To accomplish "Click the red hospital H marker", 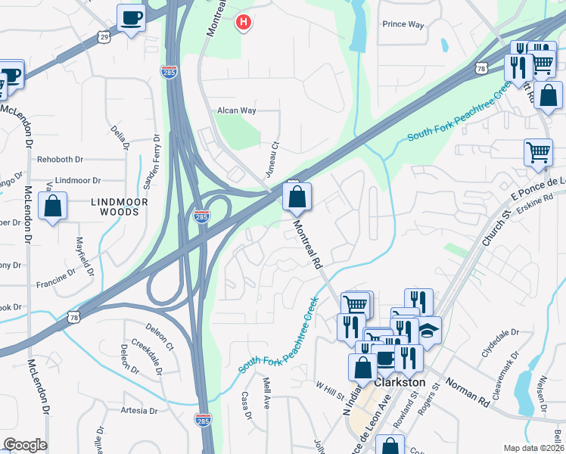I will click(243, 23).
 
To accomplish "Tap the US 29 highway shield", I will click(104, 36).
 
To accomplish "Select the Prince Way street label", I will click(403, 24).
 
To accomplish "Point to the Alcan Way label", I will click(237, 110).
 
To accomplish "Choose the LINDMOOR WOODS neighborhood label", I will click(115, 207).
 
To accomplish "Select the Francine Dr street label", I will click(54, 285).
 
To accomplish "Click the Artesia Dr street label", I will click(138, 411).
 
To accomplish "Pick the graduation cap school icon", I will click(429, 329).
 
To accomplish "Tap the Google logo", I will click(25, 445).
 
